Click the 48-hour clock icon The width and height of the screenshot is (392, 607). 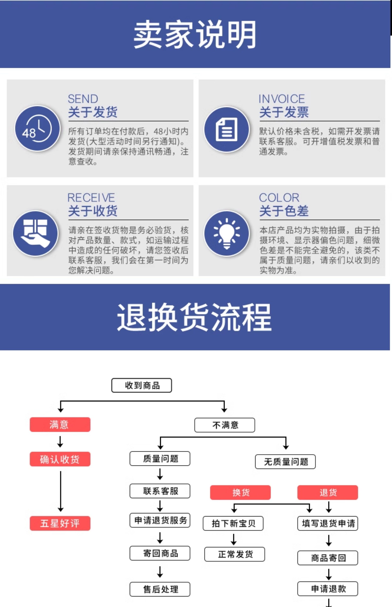point(37,129)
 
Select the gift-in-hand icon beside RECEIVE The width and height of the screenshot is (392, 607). point(36,233)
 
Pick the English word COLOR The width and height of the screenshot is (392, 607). point(279,198)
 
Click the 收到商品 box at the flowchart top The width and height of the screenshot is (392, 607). point(141,385)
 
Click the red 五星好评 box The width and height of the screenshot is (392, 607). point(60,523)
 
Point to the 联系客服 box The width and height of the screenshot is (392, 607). point(160,491)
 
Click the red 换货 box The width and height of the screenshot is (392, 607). point(240,492)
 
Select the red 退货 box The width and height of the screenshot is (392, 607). point(328,492)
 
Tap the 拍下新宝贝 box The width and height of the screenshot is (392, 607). point(233,523)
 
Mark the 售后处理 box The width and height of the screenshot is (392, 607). point(160,589)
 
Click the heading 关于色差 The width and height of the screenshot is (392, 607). point(284,211)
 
